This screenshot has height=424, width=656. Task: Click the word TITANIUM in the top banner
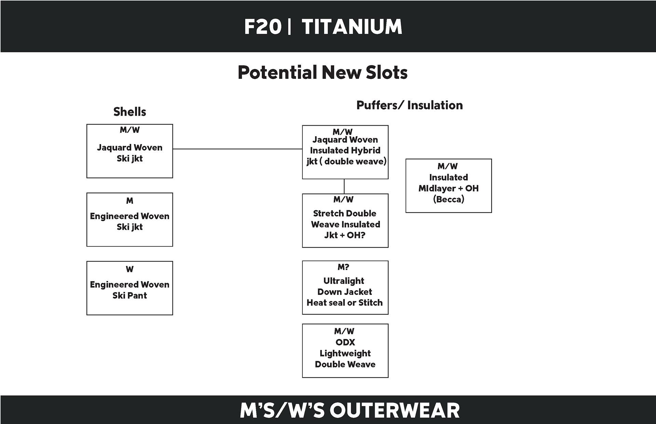[352, 27]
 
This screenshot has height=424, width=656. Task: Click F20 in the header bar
[263, 27]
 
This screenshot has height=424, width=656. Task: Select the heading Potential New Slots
[323, 72]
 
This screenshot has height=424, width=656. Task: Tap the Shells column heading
[129, 112]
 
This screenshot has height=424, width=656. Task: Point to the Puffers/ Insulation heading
[409, 105]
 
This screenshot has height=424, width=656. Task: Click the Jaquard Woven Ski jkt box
[129, 153]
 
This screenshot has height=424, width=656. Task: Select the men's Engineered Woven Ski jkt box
[129, 221]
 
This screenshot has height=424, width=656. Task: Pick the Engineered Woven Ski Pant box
[129, 290]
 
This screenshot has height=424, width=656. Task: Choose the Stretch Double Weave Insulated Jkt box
[345, 224]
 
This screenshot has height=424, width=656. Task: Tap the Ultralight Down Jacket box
[345, 292]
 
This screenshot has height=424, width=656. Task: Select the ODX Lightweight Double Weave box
[345, 353]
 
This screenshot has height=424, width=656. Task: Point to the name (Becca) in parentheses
[448, 199]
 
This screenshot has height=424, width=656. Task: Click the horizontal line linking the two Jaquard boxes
[237, 149]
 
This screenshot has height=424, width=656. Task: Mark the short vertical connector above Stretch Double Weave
[344, 186]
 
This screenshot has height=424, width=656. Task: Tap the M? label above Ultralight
[343, 267]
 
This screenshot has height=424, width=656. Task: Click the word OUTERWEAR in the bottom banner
[395, 410]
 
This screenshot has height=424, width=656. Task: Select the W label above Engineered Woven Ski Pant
[129, 269]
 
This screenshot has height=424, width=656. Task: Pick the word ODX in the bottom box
[345, 342]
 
